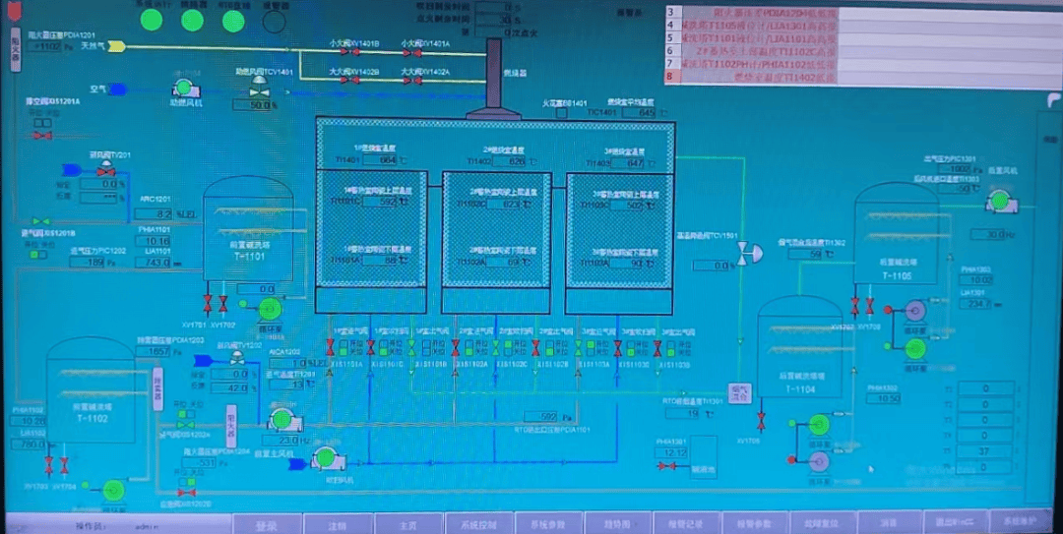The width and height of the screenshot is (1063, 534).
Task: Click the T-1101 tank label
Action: coord(249,256)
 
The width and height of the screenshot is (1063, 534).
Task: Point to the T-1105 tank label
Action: coord(897,276)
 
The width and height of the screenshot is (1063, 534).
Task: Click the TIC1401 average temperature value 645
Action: coord(646,113)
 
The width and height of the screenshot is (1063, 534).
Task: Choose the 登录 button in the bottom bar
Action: coord(266,525)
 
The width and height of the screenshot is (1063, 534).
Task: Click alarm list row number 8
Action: coord(670,76)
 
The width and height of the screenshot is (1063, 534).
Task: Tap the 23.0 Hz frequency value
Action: coord(288,440)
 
